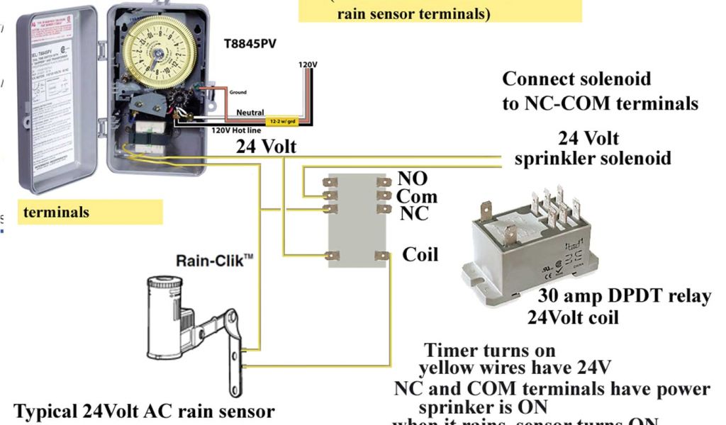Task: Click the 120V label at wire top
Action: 308,64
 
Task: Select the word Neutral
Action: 250,113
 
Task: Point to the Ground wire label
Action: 238,92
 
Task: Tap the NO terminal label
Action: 413,179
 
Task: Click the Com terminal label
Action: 416,196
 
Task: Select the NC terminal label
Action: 414,212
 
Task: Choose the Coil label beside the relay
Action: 420,254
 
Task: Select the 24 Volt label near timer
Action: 266,147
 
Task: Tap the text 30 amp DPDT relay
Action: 624,296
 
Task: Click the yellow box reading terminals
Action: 90,212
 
